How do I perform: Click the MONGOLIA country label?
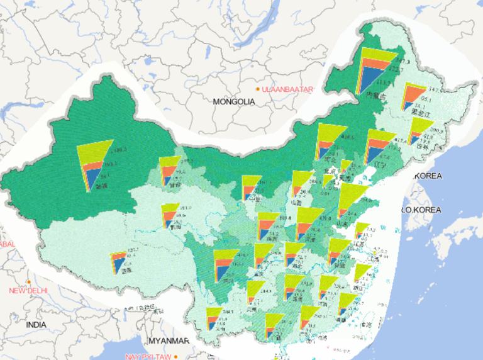(x=234, y=101)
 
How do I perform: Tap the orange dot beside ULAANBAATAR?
(x=258, y=89)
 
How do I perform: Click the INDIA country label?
(x=36, y=325)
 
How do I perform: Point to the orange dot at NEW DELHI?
(x=29, y=281)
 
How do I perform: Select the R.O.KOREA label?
(x=422, y=210)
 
